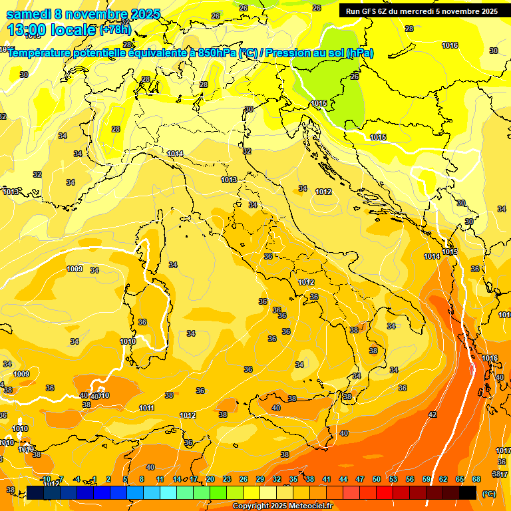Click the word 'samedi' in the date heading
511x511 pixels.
(x=29, y=14)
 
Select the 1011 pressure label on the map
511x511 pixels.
(x=147, y=408)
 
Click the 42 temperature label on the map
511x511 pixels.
(x=432, y=415)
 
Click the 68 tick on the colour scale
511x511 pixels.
(x=476, y=479)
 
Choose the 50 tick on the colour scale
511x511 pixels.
(x=377, y=479)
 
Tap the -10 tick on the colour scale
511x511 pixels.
(x=45, y=479)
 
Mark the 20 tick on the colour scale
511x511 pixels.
(x=210, y=479)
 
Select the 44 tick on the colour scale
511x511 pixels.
(x=343, y=479)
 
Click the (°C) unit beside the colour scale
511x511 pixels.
(x=489, y=494)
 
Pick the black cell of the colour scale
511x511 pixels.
(x=468, y=492)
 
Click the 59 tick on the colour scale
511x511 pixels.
(x=426, y=479)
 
